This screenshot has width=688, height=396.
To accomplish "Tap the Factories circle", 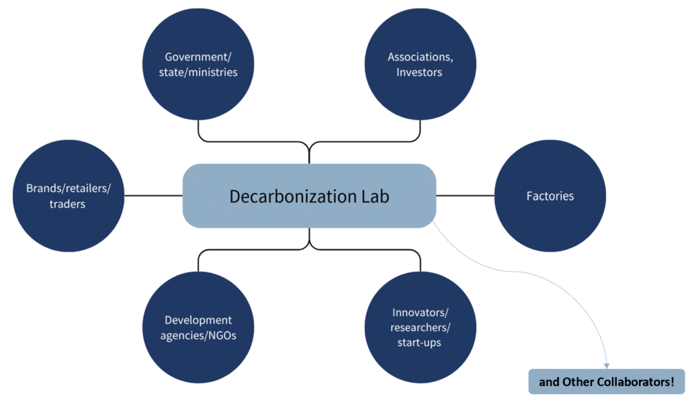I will [550, 196].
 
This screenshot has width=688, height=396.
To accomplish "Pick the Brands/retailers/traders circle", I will [68, 196].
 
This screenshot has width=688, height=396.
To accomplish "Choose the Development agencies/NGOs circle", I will [198, 327].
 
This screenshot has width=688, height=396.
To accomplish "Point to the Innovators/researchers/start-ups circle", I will [420, 327].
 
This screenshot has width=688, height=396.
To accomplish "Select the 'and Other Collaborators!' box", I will [606, 382].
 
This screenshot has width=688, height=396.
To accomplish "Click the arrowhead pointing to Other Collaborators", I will [607, 364].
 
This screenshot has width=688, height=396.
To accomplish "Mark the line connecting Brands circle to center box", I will [153, 196].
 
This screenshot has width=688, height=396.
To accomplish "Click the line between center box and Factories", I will [465, 196].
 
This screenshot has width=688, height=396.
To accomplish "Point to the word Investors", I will [419, 72].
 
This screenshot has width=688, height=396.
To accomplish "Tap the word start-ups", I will [419, 342].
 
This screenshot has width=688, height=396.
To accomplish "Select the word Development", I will [198, 320].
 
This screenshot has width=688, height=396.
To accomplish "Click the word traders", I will [67, 204].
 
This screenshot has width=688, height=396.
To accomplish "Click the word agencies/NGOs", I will [198, 335].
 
